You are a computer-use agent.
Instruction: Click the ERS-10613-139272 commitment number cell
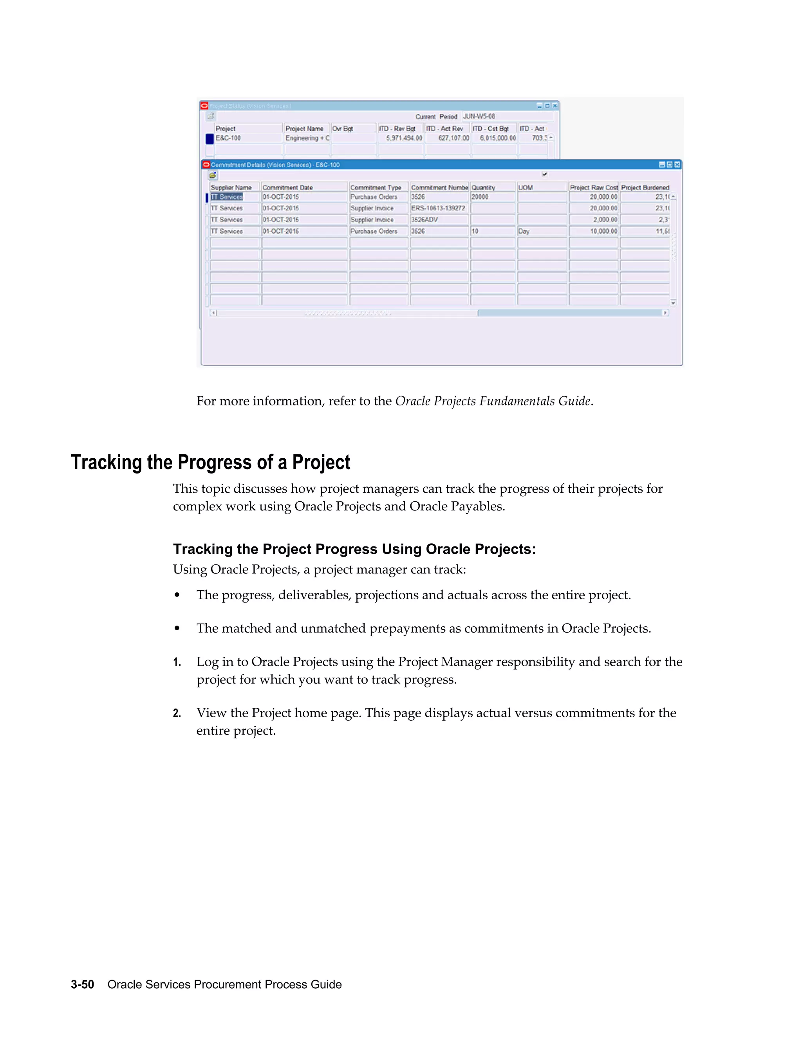coord(438,208)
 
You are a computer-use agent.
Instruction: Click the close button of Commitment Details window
coord(677,165)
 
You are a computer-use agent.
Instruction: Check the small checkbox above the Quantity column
coord(544,174)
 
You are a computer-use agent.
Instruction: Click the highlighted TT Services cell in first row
coord(227,197)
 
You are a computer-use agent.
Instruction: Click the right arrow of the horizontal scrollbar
coord(665,313)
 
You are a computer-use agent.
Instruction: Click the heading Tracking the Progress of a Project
coord(210,462)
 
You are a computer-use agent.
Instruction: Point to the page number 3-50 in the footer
coord(82,984)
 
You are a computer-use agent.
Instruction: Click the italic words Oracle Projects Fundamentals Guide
coord(493,401)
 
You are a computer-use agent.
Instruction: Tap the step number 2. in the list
coord(177,713)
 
